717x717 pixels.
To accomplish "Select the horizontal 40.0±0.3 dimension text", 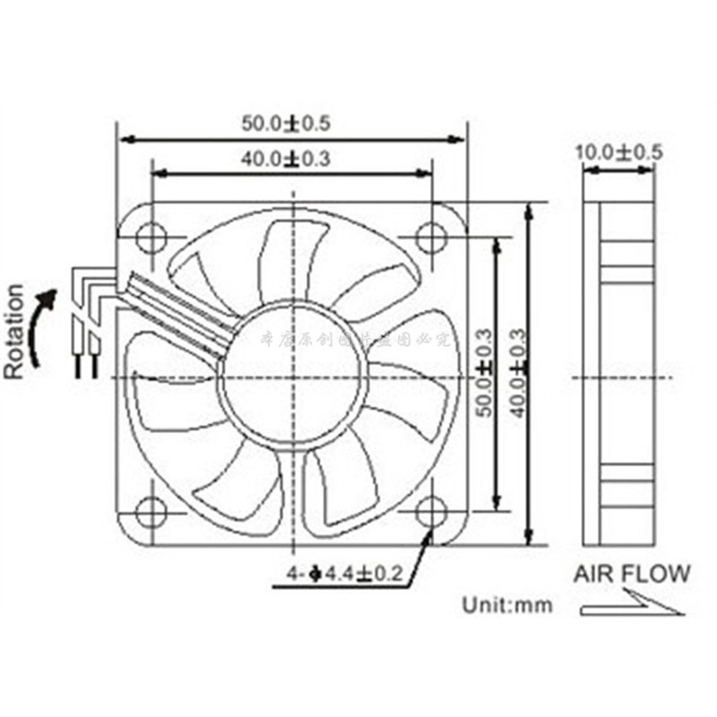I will (x=291, y=160).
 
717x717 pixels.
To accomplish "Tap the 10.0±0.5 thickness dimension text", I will (x=618, y=151).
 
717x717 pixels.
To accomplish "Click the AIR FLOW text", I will (x=632, y=574).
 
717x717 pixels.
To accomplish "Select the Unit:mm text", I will (x=507, y=605).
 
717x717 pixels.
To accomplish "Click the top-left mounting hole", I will (x=151, y=237).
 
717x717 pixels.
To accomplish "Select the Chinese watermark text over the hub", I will (x=357, y=339).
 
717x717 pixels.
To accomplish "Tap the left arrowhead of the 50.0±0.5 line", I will (x=125, y=140).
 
